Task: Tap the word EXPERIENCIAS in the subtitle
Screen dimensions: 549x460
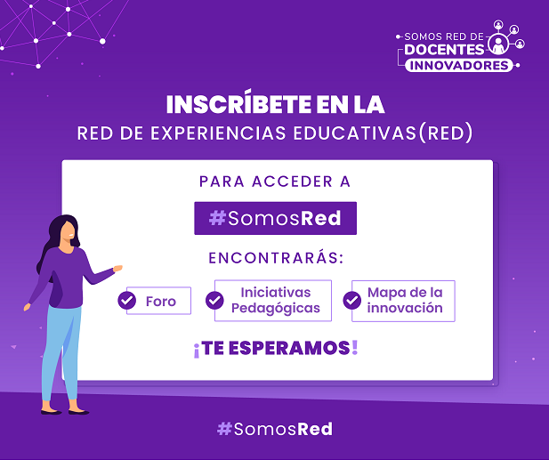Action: (219, 133)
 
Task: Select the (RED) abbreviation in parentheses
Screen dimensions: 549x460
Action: (446, 133)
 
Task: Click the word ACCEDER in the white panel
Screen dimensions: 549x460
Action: (292, 182)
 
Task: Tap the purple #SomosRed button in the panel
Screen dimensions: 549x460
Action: (275, 218)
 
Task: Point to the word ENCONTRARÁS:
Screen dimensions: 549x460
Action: (276, 257)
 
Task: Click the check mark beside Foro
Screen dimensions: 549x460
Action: (126, 300)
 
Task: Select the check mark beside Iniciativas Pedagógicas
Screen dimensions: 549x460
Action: (214, 300)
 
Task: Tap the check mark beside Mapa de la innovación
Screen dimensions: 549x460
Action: (351, 300)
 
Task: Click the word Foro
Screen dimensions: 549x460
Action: (161, 302)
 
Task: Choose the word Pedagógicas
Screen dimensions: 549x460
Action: (276, 309)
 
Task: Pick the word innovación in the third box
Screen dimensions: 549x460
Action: (405, 308)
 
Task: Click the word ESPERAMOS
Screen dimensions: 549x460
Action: (289, 348)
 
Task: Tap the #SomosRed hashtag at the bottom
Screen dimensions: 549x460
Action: (275, 429)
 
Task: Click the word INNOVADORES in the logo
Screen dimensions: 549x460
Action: (459, 66)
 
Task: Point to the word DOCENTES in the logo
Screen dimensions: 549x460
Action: (444, 50)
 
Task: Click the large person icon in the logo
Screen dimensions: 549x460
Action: (498, 44)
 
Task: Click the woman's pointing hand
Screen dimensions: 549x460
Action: (117, 269)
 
